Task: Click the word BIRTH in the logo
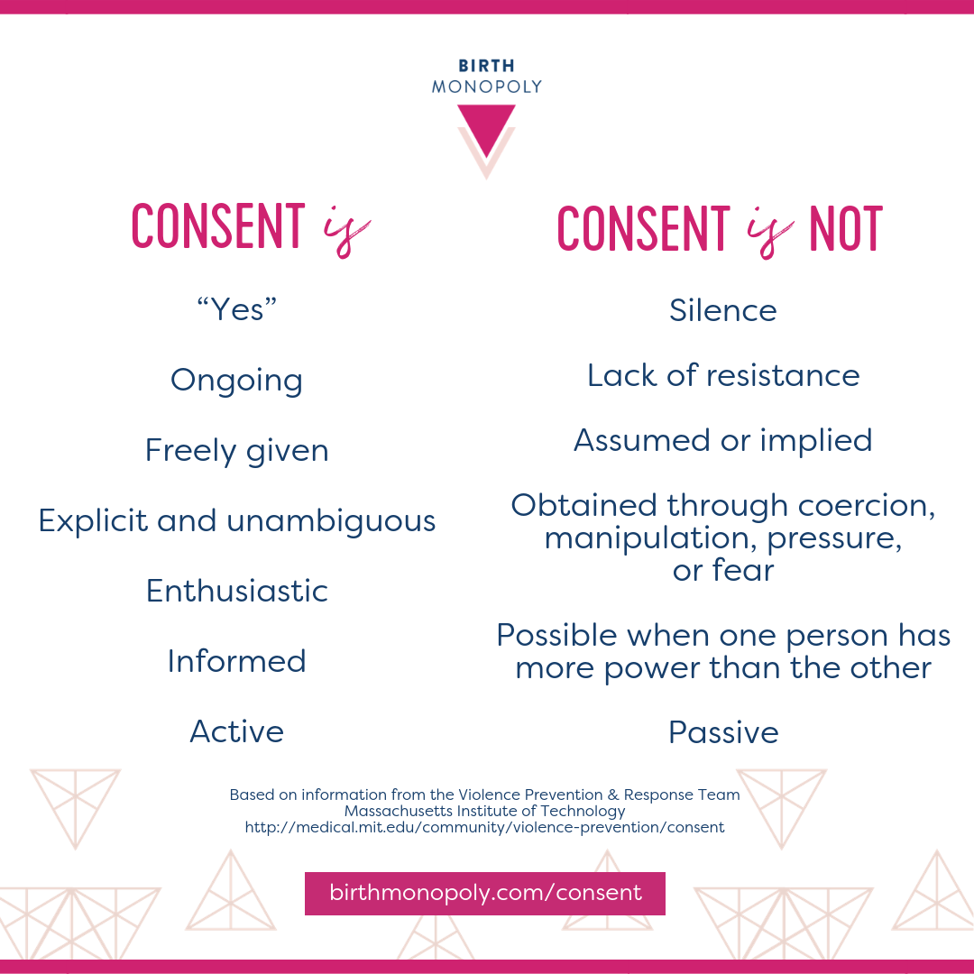[487, 67]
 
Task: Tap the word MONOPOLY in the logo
[487, 87]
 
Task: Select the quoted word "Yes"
[236, 310]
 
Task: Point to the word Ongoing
[236, 381]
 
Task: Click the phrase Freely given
[236, 450]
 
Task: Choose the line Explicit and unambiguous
[236, 520]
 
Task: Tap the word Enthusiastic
[236, 591]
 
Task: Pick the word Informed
[236, 661]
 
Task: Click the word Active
[236, 731]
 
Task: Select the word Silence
[723, 310]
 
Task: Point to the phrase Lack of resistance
[723, 375]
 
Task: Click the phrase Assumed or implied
[723, 440]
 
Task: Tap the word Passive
[723, 732]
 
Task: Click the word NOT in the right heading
[845, 229]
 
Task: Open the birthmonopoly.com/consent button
[485, 894]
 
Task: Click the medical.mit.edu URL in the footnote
[485, 827]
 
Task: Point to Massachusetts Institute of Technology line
[485, 811]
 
